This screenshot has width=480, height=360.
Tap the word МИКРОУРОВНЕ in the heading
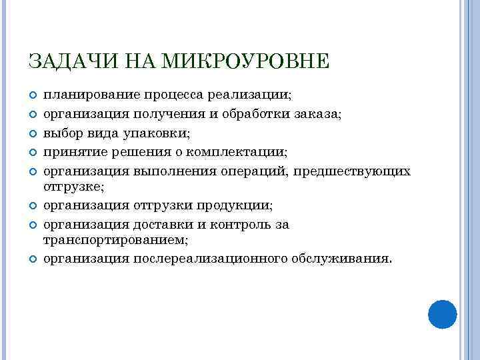(247, 61)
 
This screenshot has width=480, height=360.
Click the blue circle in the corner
(441, 314)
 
